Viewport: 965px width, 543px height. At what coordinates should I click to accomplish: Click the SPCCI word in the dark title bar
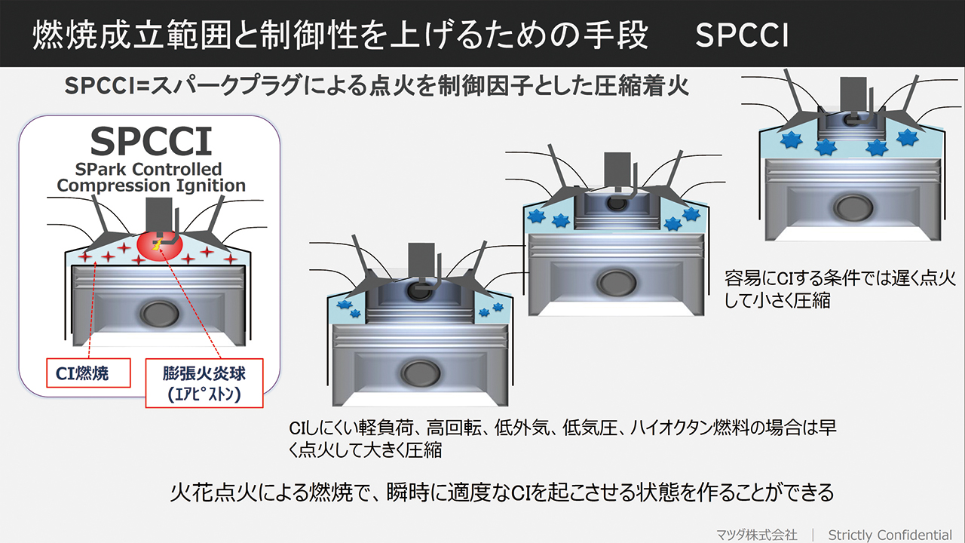pyautogui.click(x=742, y=35)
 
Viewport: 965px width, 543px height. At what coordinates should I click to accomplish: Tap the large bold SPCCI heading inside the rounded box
pyautogui.click(x=152, y=141)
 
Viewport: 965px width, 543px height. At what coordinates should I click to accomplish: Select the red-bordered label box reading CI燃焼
pyautogui.click(x=88, y=373)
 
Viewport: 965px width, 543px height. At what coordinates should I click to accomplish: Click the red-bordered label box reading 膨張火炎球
pyautogui.click(x=204, y=383)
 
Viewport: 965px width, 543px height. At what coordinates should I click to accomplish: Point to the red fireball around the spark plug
pyautogui.click(x=160, y=246)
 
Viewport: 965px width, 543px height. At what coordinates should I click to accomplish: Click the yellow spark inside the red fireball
pyautogui.click(x=157, y=245)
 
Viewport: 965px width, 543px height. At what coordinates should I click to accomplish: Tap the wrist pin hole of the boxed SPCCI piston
pyautogui.click(x=159, y=313)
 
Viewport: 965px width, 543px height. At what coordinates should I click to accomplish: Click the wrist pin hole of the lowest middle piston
pyautogui.click(x=420, y=373)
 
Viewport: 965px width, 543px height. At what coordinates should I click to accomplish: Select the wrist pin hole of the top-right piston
pyautogui.click(x=853, y=207)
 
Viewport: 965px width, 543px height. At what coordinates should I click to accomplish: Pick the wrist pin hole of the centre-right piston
pyautogui.click(x=617, y=283)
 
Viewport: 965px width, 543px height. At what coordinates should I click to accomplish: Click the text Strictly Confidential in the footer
pyautogui.click(x=890, y=535)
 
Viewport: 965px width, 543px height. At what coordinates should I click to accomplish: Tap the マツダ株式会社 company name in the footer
pyautogui.click(x=756, y=535)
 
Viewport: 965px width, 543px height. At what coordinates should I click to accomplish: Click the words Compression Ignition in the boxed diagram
pyautogui.click(x=152, y=186)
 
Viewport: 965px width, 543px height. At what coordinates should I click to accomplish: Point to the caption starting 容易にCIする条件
pyautogui.click(x=840, y=289)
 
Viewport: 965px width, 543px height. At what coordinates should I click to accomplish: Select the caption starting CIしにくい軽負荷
pyautogui.click(x=562, y=439)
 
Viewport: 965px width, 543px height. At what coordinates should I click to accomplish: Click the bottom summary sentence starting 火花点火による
pyautogui.click(x=502, y=492)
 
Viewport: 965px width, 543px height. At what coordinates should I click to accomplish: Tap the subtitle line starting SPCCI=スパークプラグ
pyautogui.click(x=376, y=86)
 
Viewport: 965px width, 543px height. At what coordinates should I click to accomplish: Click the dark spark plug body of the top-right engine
pyautogui.click(x=853, y=96)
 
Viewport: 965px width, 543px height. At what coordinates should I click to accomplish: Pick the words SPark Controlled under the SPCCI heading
pyautogui.click(x=149, y=169)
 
